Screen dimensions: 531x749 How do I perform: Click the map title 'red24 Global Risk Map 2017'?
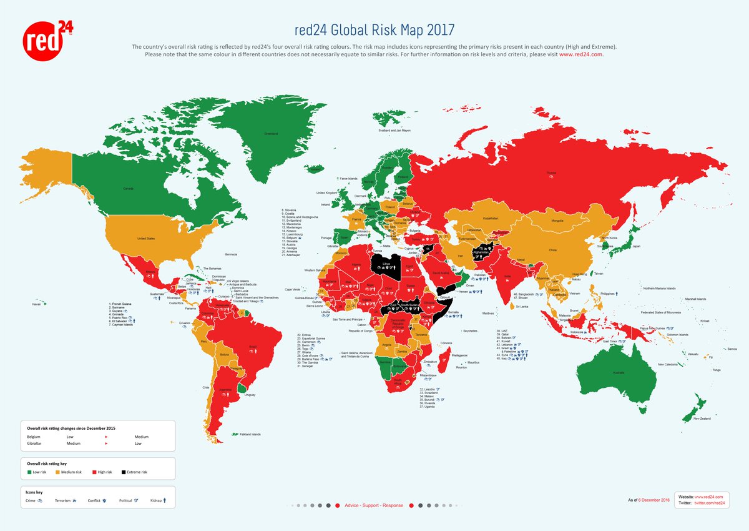374,30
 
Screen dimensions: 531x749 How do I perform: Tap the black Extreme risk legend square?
124,472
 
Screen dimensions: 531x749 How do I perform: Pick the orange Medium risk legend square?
59,472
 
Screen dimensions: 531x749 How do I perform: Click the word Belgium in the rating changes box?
34,437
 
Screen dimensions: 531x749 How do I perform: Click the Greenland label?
270,134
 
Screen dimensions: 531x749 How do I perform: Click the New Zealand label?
702,419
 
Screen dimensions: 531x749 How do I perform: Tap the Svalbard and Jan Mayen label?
395,131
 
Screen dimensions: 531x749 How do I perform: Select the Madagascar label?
459,355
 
